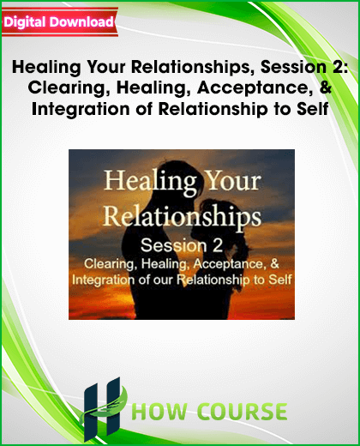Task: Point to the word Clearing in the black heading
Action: (x=67, y=88)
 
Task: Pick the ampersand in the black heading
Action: (x=326, y=87)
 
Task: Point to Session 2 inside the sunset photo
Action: (x=182, y=245)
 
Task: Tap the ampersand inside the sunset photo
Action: (x=274, y=263)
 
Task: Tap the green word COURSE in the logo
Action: (x=243, y=412)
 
